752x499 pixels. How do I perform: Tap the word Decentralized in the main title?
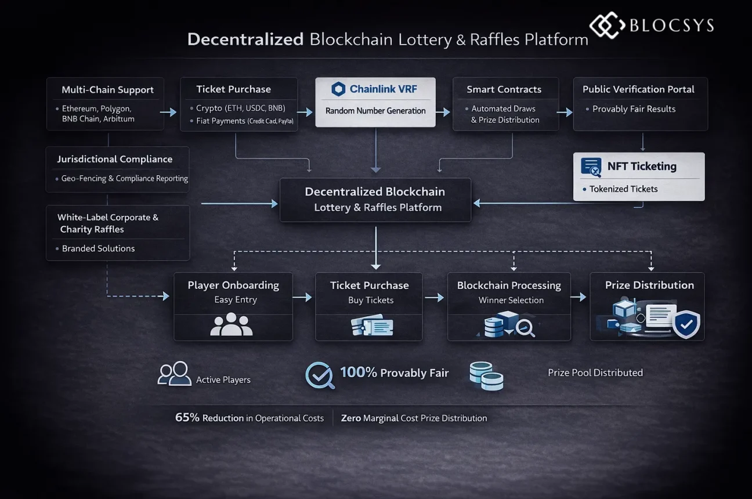[x=245, y=39]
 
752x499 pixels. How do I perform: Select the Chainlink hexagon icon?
[x=338, y=89]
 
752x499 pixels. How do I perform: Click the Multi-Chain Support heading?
[x=107, y=90]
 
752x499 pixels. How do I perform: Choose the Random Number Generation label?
[x=375, y=110]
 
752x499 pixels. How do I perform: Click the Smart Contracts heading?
[x=504, y=89]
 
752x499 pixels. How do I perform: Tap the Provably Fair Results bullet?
[x=634, y=109]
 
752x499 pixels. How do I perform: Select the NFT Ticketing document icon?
[x=591, y=167]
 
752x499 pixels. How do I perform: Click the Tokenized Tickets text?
[x=623, y=189]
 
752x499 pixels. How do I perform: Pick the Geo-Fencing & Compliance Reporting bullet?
[x=124, y=178]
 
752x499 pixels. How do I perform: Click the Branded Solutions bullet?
[x=98, y=248]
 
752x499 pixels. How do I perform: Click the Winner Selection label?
[x=511, y=300]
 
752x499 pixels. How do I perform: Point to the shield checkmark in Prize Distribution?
[x=686, y=325]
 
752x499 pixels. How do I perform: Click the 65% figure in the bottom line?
[x=187, y=417]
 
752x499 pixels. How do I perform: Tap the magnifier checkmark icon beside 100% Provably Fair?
[x=320, y=375]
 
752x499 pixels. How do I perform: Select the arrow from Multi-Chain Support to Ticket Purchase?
[x=168, y=112]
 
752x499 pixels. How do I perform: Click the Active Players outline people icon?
[x=174, y=374]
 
